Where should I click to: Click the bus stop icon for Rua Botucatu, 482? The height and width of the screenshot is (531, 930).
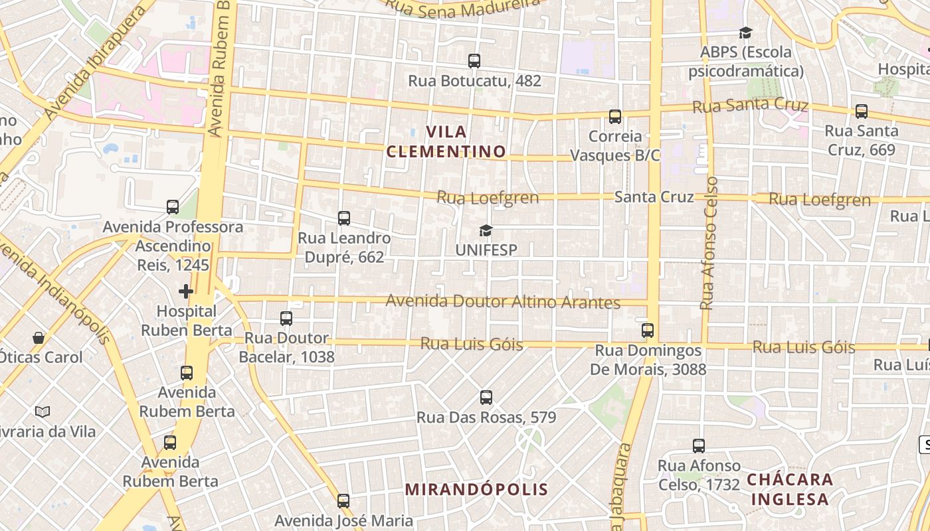pos(474,61)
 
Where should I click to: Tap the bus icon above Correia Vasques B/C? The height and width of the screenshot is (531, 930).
pos(615,117)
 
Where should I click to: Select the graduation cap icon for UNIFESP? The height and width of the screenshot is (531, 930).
pos(486,230)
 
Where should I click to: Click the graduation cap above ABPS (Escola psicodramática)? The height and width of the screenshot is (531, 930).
pos(745,33)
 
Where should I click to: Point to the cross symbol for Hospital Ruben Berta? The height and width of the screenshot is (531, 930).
pos(186,291)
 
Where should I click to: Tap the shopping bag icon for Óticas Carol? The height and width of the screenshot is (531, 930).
pos(39,338)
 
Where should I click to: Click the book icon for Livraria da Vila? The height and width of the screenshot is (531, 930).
pos(43,412)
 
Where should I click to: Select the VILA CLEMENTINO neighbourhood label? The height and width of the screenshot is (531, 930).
pos(446,141)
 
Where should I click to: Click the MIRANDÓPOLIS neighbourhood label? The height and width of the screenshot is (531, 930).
pos(476,490)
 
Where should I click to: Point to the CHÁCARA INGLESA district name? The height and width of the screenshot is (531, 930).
pos(789,489)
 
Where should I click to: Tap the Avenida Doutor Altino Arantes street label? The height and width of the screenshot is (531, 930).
pos(503,302)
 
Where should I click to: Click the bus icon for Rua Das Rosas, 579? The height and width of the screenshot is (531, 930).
pos(486,398)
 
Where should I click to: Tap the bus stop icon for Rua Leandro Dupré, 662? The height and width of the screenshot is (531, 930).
pos(343,218)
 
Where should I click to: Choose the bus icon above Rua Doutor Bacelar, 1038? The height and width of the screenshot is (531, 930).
pos(286,319)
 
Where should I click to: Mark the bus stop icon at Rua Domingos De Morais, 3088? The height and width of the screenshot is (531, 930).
pos(648,330)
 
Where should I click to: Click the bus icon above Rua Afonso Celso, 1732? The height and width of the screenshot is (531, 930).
pos(699,445)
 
